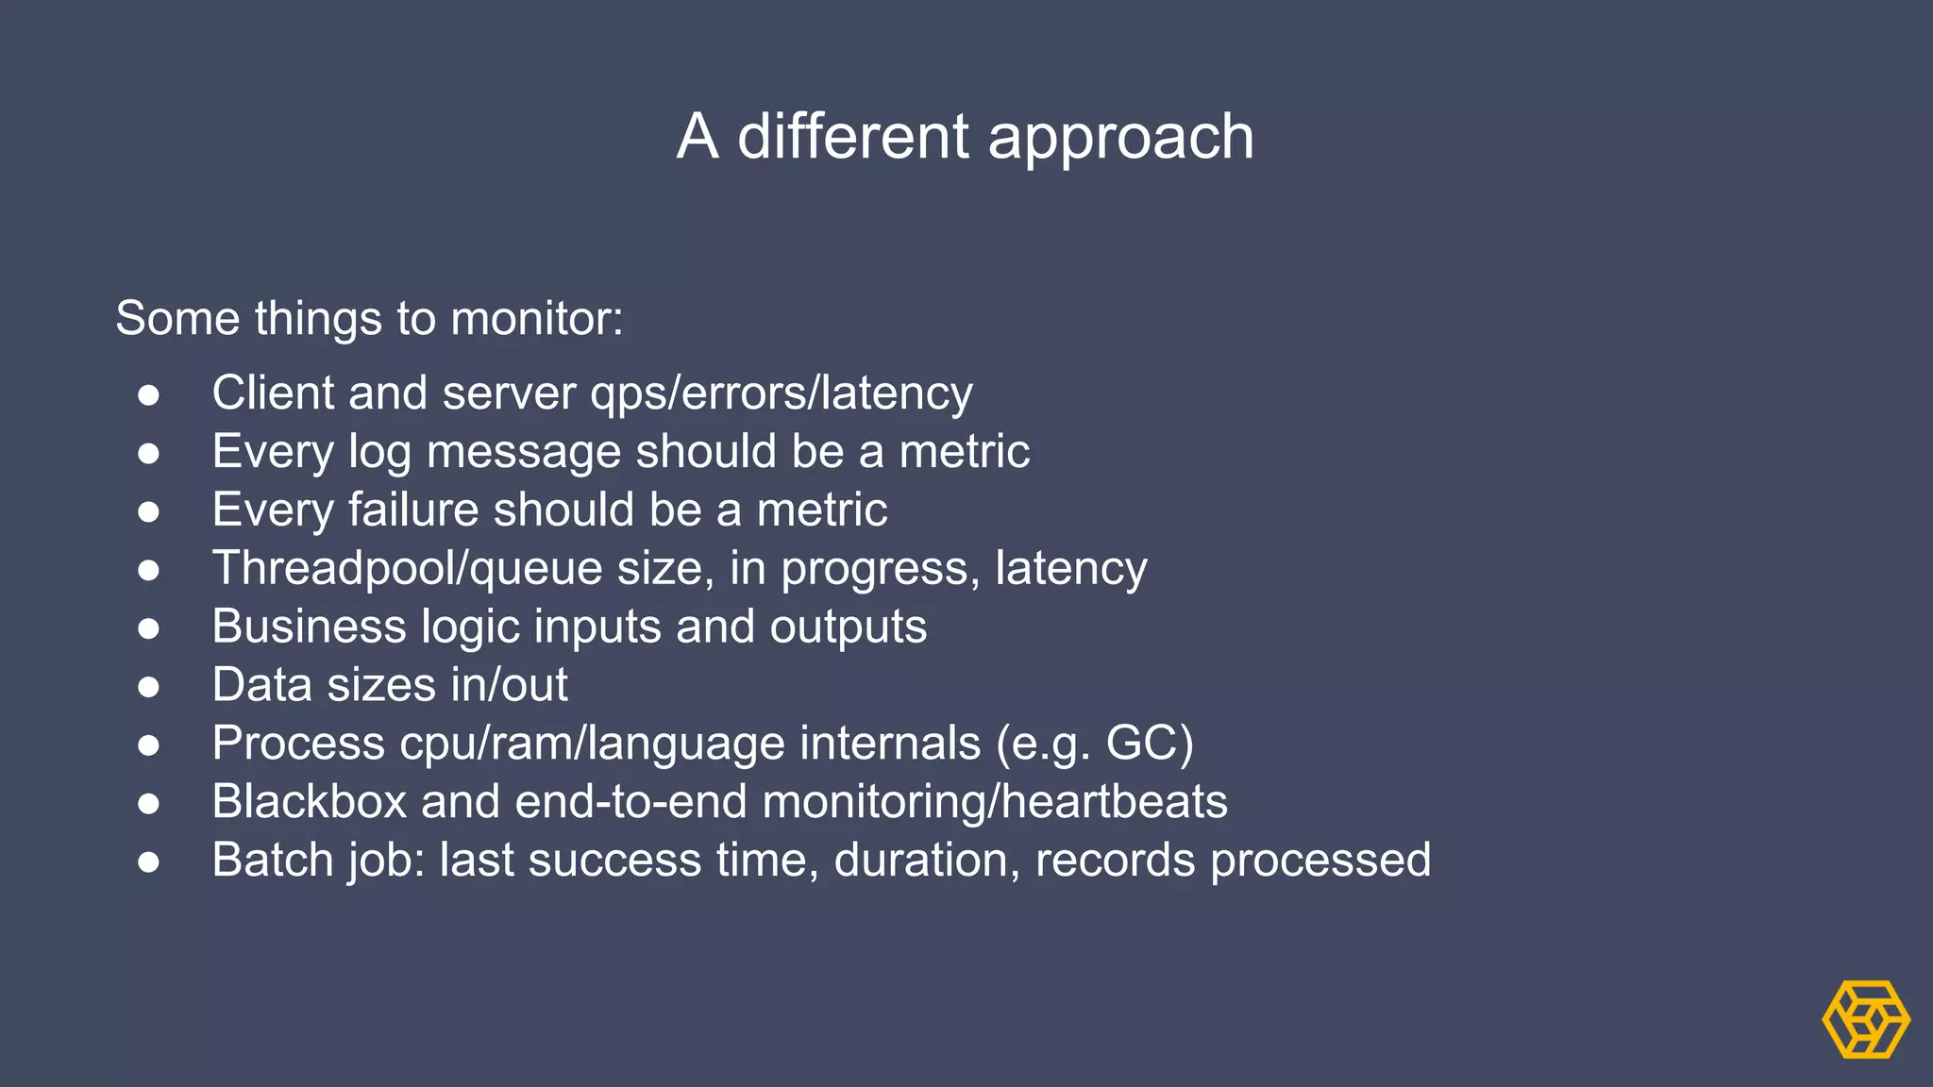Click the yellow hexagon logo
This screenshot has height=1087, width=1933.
tap(1865, 1019)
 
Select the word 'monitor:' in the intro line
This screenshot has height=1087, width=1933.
tap(536, 319)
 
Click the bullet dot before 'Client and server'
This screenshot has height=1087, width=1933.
tap(148, 394)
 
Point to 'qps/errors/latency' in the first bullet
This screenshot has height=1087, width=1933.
tap(781, 394)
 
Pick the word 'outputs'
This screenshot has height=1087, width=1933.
tap(848, 627)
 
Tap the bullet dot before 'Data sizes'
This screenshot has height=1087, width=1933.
tap(148, 686)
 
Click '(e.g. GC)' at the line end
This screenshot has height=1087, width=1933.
tap(1095, 744)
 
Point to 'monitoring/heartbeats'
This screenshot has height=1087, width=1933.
tap(994, 802)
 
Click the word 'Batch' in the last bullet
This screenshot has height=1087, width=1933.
tap(273, 861)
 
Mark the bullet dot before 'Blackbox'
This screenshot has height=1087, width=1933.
tap(148, 803)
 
